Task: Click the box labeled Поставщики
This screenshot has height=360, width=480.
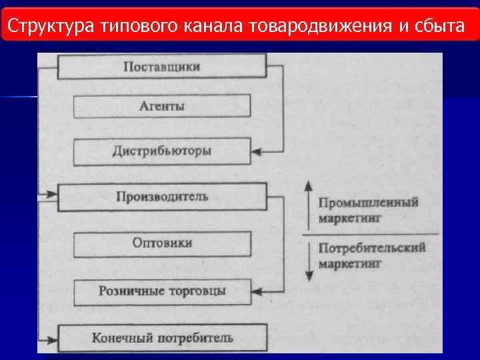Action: click(x=162, y=67)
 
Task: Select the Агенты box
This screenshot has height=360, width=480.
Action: click(x=162, y=106)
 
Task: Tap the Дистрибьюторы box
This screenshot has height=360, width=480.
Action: click(x=162, y=151)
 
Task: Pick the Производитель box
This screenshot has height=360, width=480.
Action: click(x=162, y=197)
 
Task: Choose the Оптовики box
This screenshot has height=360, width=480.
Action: click(x=162, y=243)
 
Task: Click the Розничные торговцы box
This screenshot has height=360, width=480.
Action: click(x=162, y=291)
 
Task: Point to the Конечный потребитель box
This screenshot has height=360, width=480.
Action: click(x=162, y=337)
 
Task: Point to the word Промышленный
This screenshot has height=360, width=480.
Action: click(x=368, y=202)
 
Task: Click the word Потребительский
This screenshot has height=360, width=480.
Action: click(x=372, y=249)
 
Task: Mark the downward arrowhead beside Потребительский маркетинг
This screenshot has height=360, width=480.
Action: click(x=308, y=277)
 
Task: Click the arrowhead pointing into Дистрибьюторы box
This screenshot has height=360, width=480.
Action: click(x=257, y=152)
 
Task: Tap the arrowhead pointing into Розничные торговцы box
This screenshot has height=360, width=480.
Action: click(x=257, y=292)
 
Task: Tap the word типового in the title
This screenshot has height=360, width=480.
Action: click(x=137, y=26)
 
